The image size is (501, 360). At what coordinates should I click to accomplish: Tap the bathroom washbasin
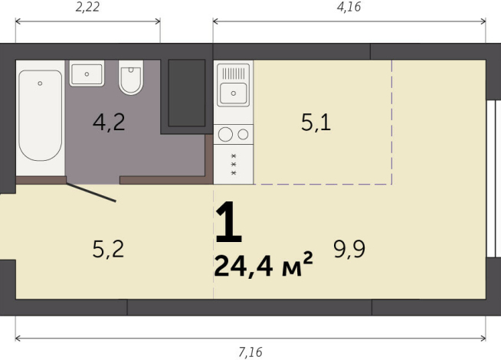click(87, 74)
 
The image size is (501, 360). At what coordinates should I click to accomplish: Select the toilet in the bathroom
click(132, 78)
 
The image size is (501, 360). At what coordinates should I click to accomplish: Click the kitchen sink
click(233, 93)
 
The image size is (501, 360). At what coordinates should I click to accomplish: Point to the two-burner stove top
click(234, 134)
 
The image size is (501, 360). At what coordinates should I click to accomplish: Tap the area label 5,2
click(108, 248)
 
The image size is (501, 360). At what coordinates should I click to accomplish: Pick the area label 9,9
click(348, 248)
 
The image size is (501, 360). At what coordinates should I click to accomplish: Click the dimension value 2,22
click(88, 8)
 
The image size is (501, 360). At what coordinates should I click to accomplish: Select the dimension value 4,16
click(348, 8)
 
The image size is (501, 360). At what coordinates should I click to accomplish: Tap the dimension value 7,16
click(250, 352)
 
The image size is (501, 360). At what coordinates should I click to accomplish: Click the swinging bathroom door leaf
click(91, 192)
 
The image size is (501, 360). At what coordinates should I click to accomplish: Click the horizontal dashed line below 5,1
click(322, 185)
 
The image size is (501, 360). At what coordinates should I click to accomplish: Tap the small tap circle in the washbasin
click(87, 74)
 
